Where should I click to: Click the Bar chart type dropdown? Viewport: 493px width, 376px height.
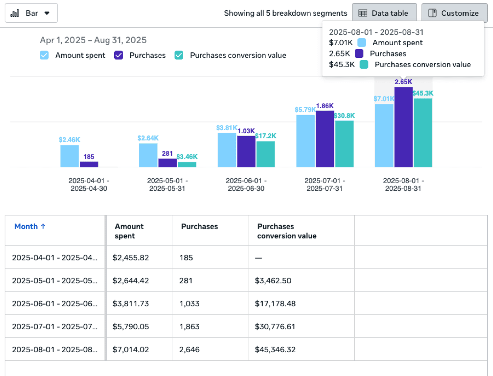click(31, 13)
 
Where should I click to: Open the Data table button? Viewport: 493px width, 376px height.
click(384, 13)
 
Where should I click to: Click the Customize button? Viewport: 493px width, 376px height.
click(454, 13)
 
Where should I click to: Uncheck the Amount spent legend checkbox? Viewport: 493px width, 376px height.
click(44, 55)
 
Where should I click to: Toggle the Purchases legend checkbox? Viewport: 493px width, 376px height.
click(119, 55)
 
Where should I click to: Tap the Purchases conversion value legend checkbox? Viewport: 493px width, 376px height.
click(179, 55)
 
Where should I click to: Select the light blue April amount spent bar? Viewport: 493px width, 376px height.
click(69, 156)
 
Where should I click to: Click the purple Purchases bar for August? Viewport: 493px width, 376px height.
click(403, 127)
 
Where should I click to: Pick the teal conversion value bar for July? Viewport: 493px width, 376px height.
click(344, 144)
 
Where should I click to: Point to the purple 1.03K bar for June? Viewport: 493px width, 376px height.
click(246, 151)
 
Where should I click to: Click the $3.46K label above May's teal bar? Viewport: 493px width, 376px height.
click(187, 157)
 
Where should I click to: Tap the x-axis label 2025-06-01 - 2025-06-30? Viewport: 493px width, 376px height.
click(246, 185)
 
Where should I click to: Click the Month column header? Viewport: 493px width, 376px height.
click(26, 227)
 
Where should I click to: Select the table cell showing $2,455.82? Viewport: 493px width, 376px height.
click(131, 258)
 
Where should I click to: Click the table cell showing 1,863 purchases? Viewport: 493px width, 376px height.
click(190, 327)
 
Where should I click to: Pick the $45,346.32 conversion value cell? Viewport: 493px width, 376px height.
click(275, 350)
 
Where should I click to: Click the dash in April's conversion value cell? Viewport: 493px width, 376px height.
click(259, 258)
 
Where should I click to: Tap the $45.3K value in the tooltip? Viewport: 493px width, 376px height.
click(342, 65)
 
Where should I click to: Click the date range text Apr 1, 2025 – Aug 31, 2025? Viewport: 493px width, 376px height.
click(93, 40)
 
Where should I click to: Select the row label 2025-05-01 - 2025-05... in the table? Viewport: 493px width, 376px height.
click(55, 281)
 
